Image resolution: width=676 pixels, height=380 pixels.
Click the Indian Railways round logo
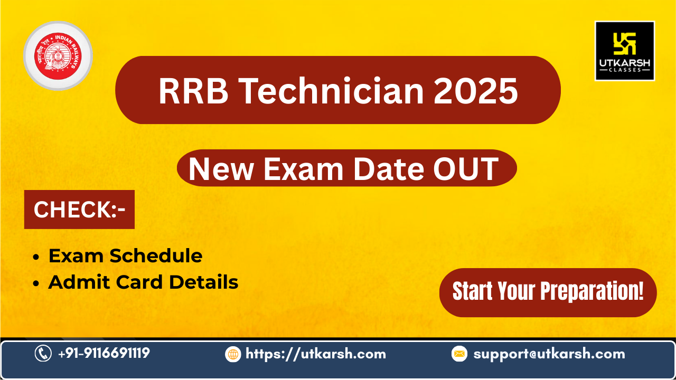(58, 56)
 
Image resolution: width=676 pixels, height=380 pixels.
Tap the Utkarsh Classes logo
(625, 51)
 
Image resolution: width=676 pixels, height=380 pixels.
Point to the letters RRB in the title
(193, 91)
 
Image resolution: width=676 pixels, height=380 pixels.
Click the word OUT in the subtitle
(466, 169)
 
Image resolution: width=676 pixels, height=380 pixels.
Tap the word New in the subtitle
(221, 169)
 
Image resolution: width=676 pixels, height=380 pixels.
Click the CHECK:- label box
(79, 210)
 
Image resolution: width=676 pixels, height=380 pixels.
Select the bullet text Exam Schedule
(125, 256)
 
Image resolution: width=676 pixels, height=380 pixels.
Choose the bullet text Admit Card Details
(143, 282)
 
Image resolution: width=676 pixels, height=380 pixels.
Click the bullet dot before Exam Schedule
(36, 257)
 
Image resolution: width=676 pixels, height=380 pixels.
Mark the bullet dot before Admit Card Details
(36, 283)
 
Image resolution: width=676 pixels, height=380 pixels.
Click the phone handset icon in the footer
(43, 353)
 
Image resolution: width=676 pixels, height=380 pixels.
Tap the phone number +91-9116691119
(104, 353)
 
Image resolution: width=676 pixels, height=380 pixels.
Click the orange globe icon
(233, 354)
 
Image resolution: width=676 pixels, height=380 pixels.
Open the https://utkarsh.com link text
(316, 354)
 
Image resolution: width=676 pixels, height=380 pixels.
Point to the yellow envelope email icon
(459, 354)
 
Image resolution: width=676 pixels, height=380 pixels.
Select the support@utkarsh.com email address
(549, 354)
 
